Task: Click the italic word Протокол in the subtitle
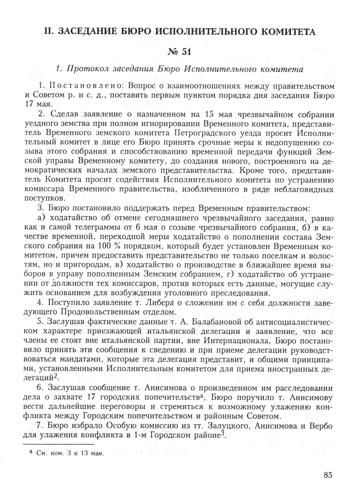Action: [83, 69]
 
